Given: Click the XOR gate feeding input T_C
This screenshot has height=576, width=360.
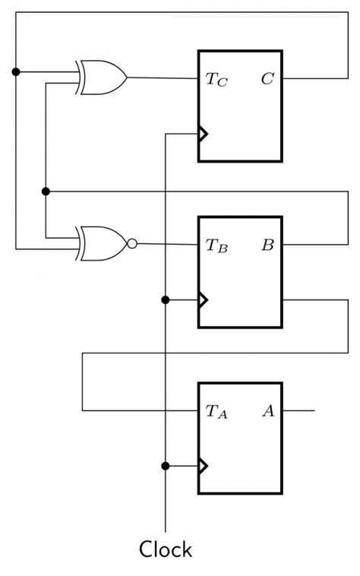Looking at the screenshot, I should [103, 77].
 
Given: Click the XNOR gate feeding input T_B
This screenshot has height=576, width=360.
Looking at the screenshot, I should [103, 243].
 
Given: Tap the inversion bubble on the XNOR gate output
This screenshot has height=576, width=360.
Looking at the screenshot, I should [132, 244].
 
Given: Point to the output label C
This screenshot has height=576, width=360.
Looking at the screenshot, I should [267, 78].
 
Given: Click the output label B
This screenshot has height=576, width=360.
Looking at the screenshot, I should [267, 245].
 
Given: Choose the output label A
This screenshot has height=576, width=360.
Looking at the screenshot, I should [267, 411].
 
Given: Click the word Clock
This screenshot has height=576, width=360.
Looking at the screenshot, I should [165, 549].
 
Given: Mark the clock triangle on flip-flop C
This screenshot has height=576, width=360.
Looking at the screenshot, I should [203, 135].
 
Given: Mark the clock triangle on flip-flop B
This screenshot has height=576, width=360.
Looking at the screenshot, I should [203, 300].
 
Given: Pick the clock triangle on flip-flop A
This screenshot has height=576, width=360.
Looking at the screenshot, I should [203, 466].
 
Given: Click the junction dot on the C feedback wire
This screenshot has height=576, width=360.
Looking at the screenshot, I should [16, 72].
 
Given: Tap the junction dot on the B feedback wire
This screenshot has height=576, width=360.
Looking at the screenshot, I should [46, 190].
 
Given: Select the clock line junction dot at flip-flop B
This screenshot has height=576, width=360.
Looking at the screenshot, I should [166, 300].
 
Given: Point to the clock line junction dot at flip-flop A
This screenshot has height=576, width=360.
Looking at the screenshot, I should [166, 466].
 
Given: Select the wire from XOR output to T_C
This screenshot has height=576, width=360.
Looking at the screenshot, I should [163, 78].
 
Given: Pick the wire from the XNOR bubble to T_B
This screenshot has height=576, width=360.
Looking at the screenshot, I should [167, 244].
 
